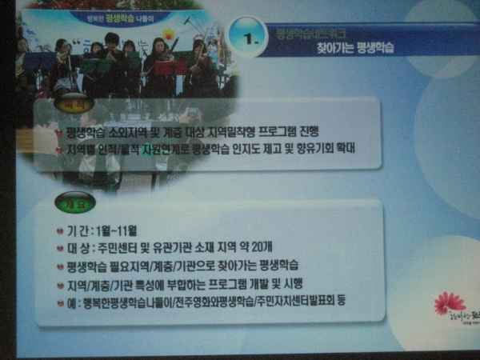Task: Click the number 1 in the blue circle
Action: pyautogui.click(x=248, y=36)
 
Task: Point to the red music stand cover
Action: pyautogui.click(x=170, y=68)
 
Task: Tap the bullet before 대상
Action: pyautogui.click(x=59, y=247)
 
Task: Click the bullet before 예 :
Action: pyautogui.click(x=59, y=302)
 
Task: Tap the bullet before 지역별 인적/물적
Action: pyautogui.click(x=59, y=149)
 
